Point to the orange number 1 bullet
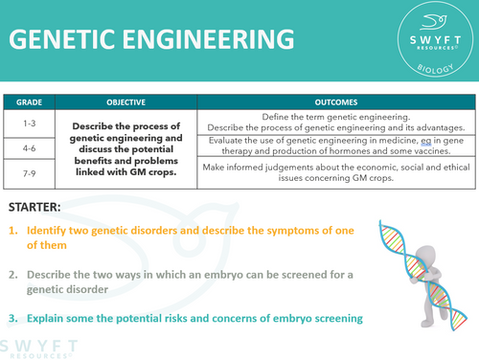13,232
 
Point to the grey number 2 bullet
13,277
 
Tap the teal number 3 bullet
13,317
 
